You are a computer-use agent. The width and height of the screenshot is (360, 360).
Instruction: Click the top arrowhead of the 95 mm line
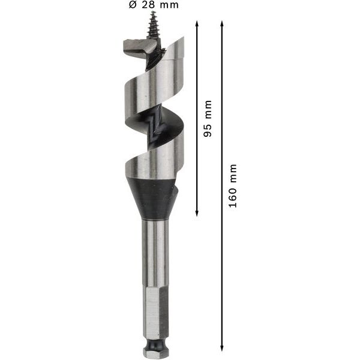[x=197, y=24]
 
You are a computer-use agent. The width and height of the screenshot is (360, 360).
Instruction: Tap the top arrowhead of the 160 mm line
[x=222, y=24]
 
